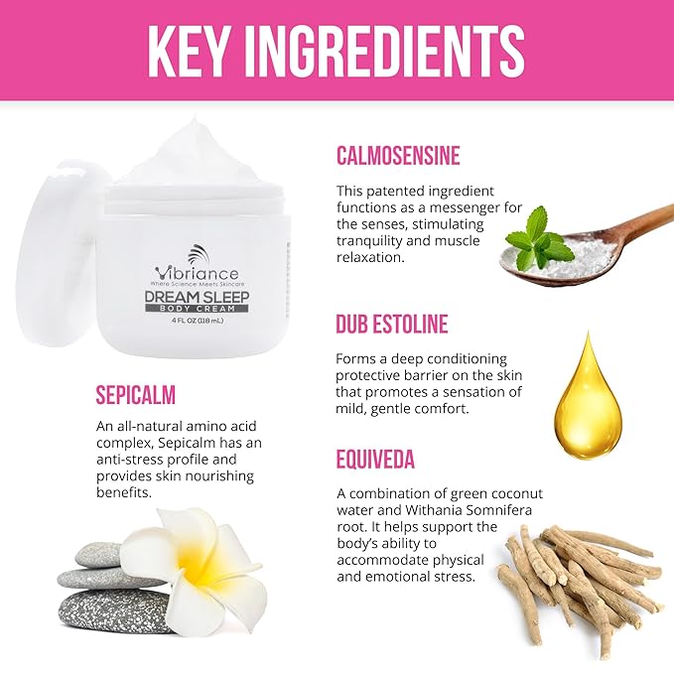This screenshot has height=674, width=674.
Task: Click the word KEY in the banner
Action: point(187,51)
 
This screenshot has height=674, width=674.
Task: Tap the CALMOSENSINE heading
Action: point(398,156)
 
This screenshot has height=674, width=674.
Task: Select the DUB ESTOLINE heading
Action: point(392,324)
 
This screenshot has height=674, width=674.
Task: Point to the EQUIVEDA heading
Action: point(375,459)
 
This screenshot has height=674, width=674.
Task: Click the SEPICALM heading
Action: point(136,395)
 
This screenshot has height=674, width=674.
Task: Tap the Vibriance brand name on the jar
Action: point(197,273)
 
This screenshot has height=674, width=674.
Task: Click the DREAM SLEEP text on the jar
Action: point(197,297)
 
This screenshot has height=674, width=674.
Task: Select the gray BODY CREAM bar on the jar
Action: point(197,309)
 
